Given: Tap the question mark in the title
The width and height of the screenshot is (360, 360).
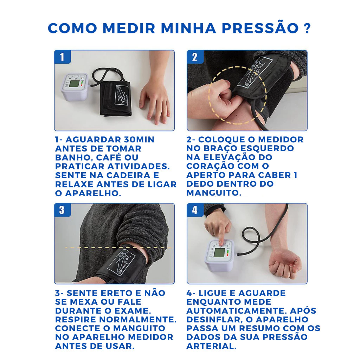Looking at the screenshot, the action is [307, 28].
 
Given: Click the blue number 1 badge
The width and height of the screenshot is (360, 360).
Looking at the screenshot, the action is [62, 57].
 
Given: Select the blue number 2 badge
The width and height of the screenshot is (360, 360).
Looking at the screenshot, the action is [195, 57].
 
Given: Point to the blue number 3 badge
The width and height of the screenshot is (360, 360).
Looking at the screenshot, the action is [62, 210].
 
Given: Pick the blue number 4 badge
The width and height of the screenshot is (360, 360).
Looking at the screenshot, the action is [195, 210].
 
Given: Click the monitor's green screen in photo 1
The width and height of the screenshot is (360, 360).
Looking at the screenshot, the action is [75, 84].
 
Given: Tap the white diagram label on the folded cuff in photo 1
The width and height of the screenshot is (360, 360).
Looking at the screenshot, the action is [121, 97].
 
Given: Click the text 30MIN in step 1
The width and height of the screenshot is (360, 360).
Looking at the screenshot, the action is [139, 140].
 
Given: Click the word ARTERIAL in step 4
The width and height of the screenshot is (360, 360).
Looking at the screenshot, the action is [211, 346].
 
